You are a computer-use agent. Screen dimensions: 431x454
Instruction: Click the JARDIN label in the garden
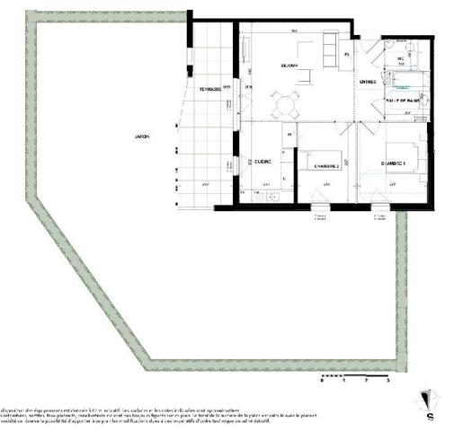tap(141, 136)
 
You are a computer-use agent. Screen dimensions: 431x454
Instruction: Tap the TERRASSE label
tap(210, 90)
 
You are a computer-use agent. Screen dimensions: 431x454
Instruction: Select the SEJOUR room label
tap(289, 66)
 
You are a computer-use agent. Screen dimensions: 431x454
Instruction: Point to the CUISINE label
tap(263, 162)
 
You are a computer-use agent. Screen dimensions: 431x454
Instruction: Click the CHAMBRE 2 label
tap(325, 165)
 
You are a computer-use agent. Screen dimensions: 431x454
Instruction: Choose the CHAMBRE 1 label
tap(394, 163)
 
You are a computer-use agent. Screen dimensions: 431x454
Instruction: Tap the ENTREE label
tap(367, 83)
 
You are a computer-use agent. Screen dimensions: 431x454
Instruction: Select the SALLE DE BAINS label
tap(403, 101)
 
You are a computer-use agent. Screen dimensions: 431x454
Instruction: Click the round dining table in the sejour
tap(287, 107)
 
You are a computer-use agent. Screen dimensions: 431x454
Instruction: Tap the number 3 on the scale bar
tap(387, 383)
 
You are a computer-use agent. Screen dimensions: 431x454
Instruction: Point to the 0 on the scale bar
tap(322, 383)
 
